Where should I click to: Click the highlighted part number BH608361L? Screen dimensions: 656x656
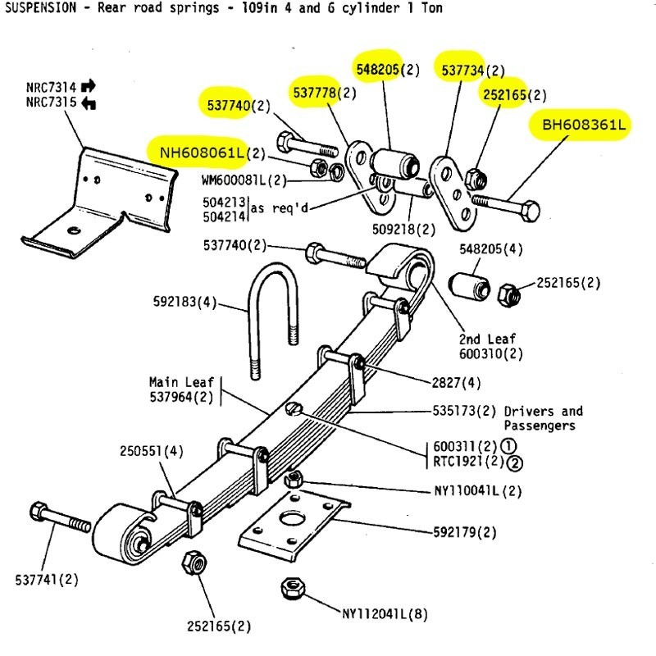click(583, 125)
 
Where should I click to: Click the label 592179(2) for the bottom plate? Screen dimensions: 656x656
click(465, 532)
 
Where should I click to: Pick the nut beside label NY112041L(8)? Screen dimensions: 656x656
click(293, 588)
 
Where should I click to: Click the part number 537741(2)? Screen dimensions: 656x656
click(47, 580)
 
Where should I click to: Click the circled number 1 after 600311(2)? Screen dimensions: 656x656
click(508, 446)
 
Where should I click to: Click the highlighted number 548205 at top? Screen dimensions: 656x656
click(377, 71)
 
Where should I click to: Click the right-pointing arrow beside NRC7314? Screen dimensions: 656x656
click(89, 85)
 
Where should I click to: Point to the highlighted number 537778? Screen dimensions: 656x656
click(315, 93)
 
